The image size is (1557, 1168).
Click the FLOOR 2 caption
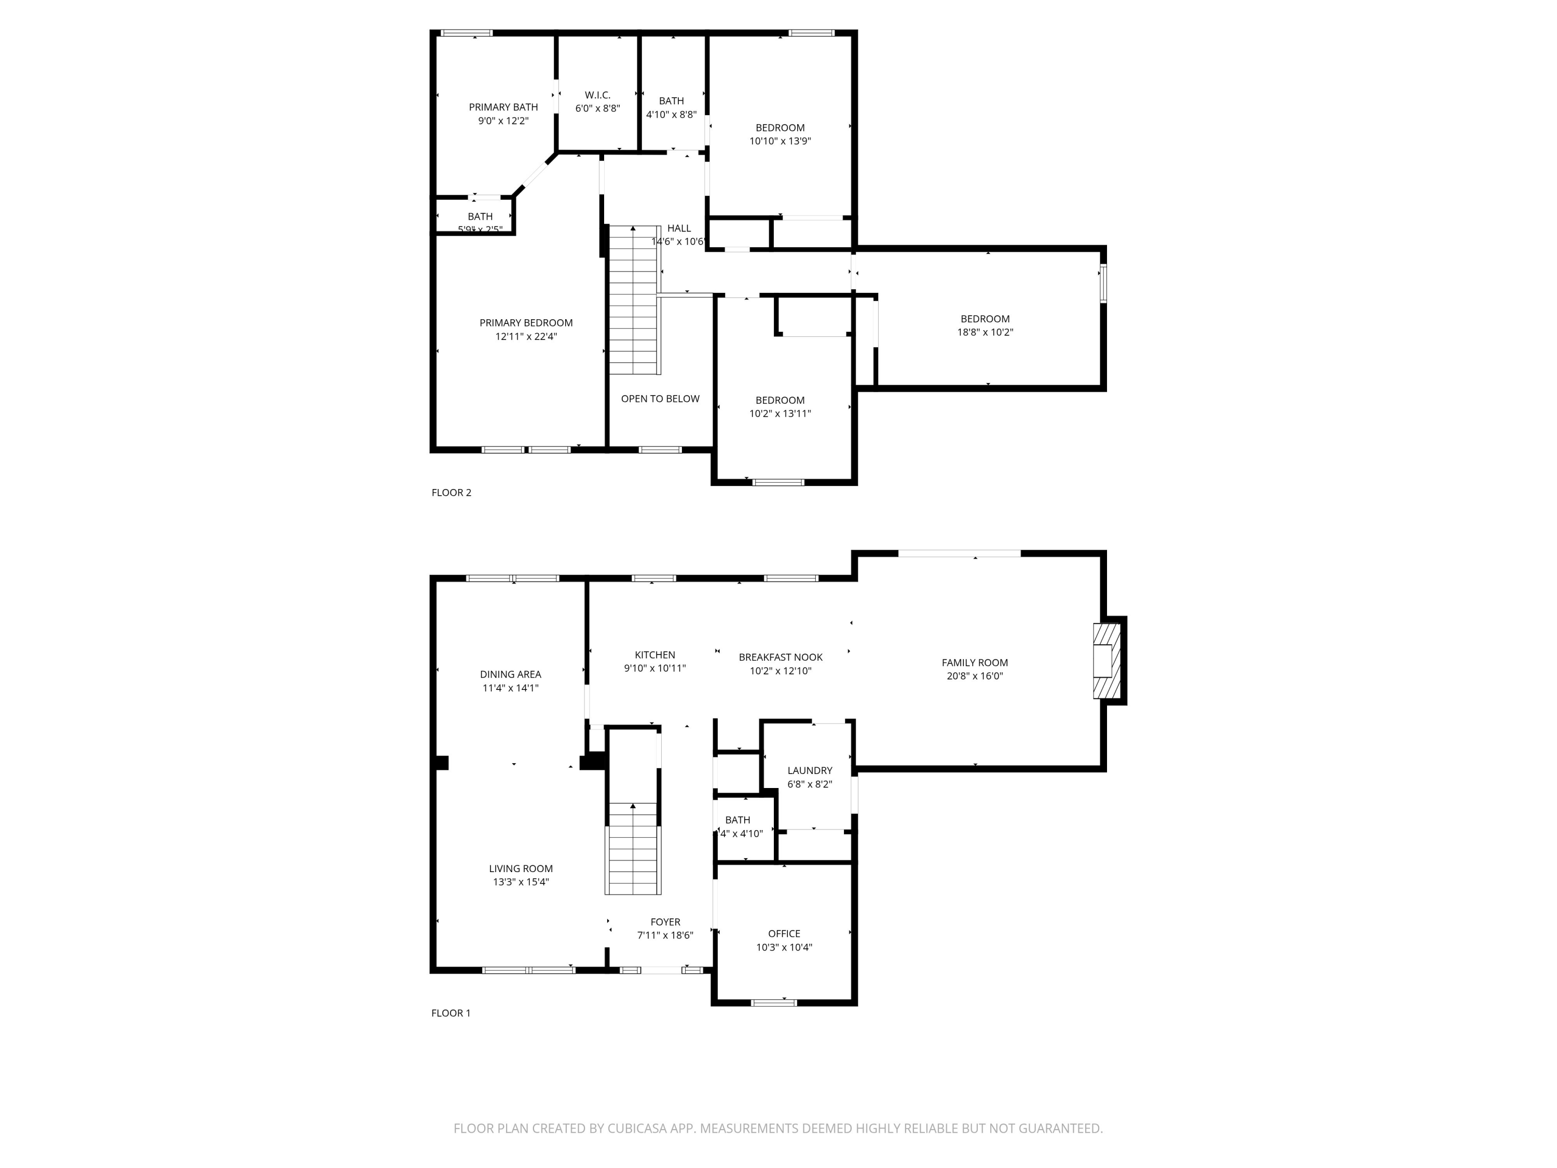tap(451, 492)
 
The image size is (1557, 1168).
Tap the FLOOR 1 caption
tap(450, 1012)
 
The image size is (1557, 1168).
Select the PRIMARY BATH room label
tap(503, 107)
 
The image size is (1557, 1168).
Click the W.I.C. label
tap(597, 95)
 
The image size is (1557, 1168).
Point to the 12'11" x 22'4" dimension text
tap(526, 336)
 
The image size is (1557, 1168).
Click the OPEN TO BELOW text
tap(660, 399)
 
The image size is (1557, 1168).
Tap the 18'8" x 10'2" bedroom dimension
tap(985, 332)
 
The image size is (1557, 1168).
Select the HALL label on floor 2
tap(679, 228)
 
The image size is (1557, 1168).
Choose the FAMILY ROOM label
tap(974, 662)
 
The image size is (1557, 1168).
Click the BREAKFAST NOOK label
tap(780, 657)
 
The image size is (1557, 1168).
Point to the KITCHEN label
tap(654, 655)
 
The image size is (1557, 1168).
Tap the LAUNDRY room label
tap(810, 770)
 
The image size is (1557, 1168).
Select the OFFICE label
tap(784, 933)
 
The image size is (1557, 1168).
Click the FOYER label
tap(665, 921)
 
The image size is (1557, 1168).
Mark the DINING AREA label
tap(510, 674)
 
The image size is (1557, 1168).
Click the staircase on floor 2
tap(634, 299)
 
